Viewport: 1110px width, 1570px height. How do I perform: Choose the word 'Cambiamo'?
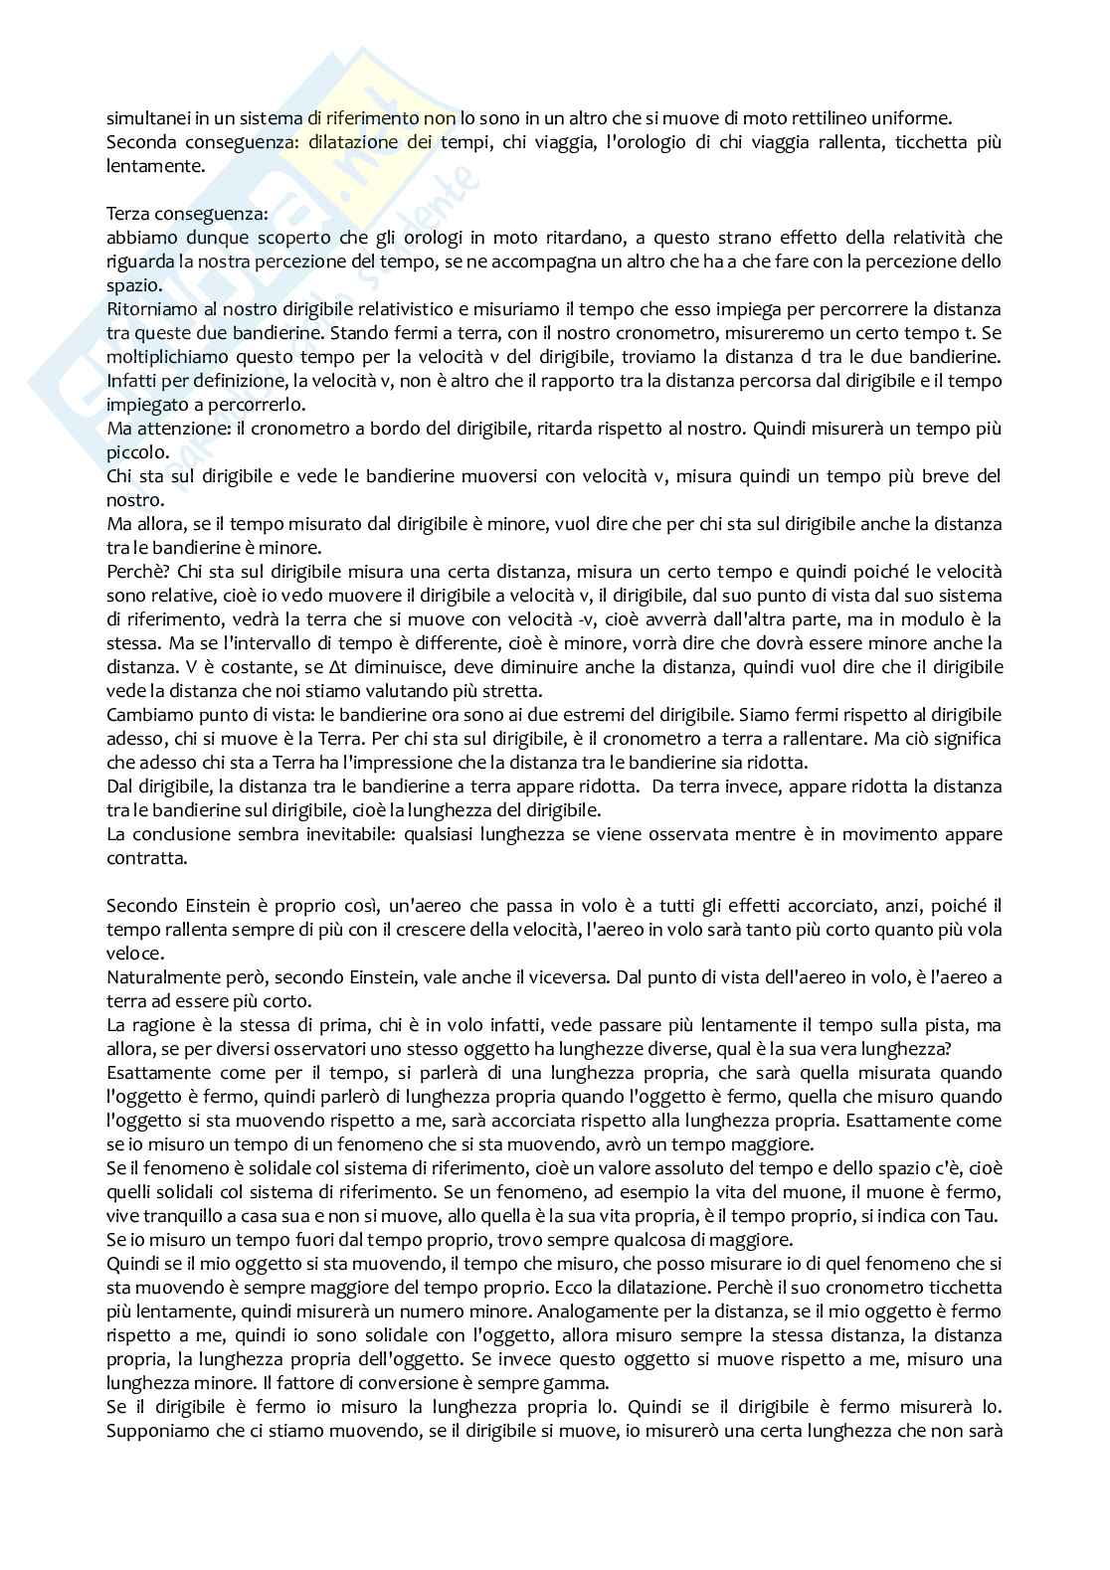tap(144, 715)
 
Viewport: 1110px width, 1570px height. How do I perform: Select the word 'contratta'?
tap(141, 857)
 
